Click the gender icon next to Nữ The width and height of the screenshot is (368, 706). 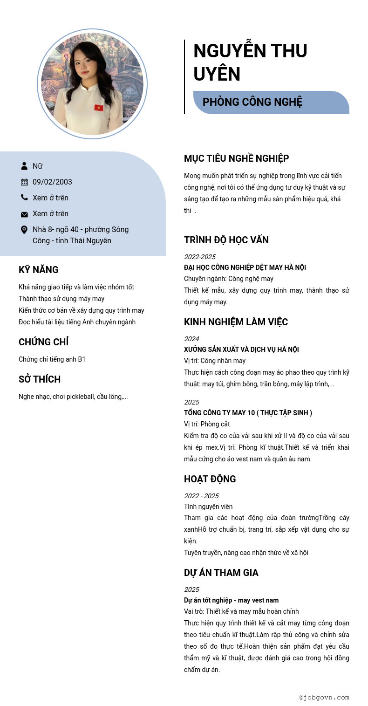(x=24, y=166)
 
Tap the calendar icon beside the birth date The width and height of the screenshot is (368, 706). (x=24, y=182)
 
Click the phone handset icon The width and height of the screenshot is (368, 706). (x=24, y=198)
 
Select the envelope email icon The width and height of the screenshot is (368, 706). (x=24, y=214)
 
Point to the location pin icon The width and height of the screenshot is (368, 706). (x=24, y=230)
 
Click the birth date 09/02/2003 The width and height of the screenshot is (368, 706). (x=52, y=182)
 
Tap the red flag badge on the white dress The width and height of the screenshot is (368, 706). (x=99, y=108)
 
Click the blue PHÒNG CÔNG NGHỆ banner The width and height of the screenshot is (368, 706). (x=271, y=102)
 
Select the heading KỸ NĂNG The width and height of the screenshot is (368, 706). (x=39, y=270)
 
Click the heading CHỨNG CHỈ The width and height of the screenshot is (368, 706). (x=44, y=342)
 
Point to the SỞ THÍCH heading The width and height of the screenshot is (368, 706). (x=40, y=379)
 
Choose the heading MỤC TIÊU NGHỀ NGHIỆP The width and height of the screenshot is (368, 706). (x=237, y=158)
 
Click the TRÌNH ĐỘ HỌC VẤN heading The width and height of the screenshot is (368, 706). (x=226, y=240)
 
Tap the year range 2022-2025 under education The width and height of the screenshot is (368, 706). (x=200, y=257)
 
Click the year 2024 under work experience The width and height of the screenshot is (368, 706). (x=191, y=339)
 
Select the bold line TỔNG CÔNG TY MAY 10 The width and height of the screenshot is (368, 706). (x=248, y=413)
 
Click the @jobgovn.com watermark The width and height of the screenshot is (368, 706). (x=324, y=698)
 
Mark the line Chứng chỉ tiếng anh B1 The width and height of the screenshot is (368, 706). (x=52, y=359)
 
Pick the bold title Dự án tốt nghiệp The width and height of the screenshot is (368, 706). (x=231, y=600)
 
